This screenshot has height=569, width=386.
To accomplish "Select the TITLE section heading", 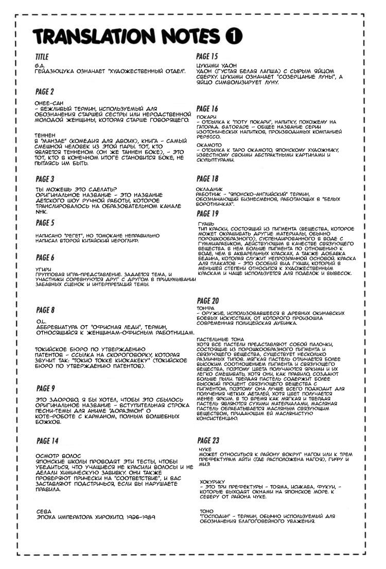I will tap(42, 57).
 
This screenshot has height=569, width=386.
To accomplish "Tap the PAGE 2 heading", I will tap(45, 92).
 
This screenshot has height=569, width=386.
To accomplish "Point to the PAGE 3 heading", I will tap(45, 179).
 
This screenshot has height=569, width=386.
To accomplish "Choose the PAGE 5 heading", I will tap(45, 223).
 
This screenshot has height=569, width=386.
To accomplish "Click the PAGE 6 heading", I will tap(45, 257).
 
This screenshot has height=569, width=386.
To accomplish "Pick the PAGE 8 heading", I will tap(45, 310).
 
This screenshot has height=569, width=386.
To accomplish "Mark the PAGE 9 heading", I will tap(45, 388).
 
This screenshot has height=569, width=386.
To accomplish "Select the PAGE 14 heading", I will tap(47, 441).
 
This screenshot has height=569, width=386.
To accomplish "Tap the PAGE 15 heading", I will tap(207, 56).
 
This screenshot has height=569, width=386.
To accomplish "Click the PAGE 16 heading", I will tap(207, 109).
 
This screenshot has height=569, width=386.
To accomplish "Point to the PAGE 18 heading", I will tap(207, 179).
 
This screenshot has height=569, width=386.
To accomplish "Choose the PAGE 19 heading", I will tap(207, 214).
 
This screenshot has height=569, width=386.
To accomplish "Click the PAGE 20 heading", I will tap(208, 300).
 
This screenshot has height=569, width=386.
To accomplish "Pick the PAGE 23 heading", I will tap(208, 440).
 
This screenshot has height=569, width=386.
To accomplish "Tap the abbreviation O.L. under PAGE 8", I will tap(40, 321).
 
